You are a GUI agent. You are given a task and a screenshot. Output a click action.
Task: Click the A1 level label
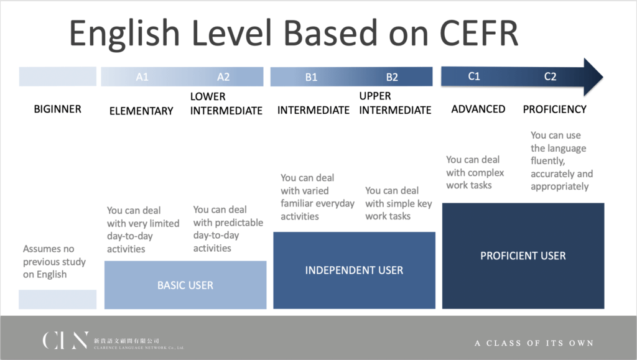pos(142,76)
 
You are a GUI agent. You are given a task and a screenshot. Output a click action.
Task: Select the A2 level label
pos(223,76)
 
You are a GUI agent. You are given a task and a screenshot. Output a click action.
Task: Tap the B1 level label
pos(311,77)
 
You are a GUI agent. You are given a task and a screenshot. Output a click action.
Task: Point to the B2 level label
pos(392,77)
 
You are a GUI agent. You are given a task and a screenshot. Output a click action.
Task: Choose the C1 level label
pos(474,76)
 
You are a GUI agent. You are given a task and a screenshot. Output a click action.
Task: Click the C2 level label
pos(550,76)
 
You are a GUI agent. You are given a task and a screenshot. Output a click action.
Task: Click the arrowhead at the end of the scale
pos(593,76)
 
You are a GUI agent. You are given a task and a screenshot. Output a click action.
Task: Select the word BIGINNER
pos(58,109)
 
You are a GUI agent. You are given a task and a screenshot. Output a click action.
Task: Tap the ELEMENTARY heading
pos(141,111)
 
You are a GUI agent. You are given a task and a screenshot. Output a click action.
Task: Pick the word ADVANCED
pos(478,109)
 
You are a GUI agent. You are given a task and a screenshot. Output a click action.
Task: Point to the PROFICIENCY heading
pos(554,109)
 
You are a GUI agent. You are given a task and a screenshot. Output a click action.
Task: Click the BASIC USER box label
pos(185,285)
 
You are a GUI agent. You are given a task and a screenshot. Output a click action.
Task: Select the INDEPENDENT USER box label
pos(354,270)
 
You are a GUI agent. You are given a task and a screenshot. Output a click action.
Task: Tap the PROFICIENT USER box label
pos(523,256)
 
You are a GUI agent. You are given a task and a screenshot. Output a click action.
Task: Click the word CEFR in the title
pos(479,34)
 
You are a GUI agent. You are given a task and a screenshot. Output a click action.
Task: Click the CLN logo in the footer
pos(65,340)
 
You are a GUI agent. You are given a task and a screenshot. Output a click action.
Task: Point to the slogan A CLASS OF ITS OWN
pos(534,343)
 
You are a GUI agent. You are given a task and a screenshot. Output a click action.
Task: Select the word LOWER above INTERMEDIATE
pos(208,96)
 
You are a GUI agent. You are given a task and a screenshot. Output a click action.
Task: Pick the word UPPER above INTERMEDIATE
pos(375,96)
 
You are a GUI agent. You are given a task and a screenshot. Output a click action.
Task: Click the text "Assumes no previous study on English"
pos(55,262)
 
